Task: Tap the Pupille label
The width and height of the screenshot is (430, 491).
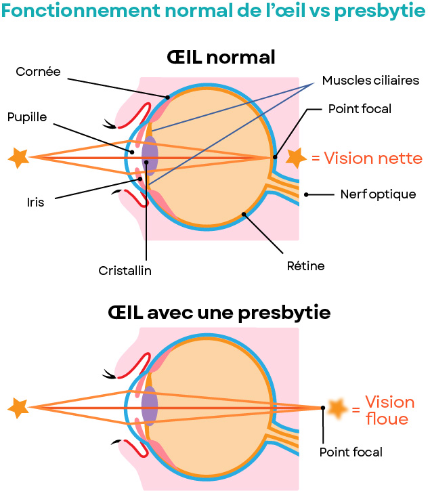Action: pyautogui.click(x=27, y=117)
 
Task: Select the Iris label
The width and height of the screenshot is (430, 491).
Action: pyautogui.click(x=35, y=201)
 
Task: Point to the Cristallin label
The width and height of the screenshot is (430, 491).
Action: pyautogui.click(x=125, y=270)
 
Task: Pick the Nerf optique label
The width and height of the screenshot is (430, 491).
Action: pyautogui.click(x=378, y=194)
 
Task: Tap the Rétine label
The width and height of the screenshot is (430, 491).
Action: pyautogui.click(x=305, y=266)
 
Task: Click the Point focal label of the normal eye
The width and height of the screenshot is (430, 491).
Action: pyautogui.click(x=360, y=108)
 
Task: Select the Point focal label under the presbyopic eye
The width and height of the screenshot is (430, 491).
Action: pyautogui.click(x=351, y=452)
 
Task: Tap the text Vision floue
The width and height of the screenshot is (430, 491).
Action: pyautogui.click(x=389, y=410)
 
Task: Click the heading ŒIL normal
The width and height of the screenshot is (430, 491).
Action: pyautogui.click(x=221, y=57)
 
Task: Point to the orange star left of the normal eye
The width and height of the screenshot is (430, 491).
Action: pyautogui.click(x=18, y=158)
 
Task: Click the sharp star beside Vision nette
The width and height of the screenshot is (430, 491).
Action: pyautogui.click(x=295, y=158)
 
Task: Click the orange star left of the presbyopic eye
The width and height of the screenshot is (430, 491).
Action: pyautogui.click(x=18, y=408)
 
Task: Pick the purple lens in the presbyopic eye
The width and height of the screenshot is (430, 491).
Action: pyautogui.click(x=150, y=407)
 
